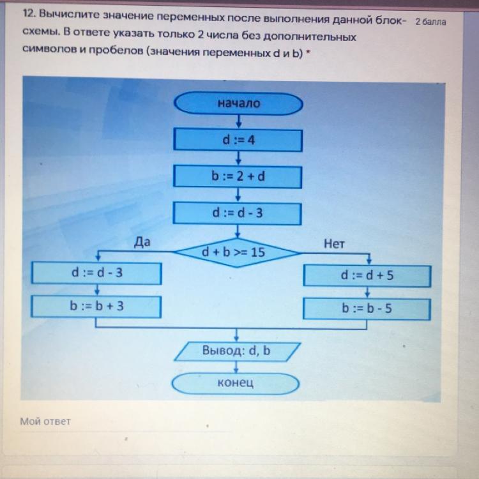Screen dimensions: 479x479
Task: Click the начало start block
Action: (x=238, y=103)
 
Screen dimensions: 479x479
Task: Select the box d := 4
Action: (x=238, y=141)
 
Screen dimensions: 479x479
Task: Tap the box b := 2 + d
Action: (x=238, y=176)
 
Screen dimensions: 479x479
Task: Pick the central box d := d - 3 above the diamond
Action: (x=237, y=213)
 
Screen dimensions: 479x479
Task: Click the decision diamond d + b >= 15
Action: (x=236, y=253)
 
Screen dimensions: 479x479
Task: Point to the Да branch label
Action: (x=142, y=242)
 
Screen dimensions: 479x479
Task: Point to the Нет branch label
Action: (x=334, y=244)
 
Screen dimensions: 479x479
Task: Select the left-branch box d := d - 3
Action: (x=96, y=273)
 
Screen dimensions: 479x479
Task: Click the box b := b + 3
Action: (x=96, y=307)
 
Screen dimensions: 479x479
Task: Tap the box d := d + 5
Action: (x=367, y=276)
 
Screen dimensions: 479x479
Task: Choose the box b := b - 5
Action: (x=367, y=309)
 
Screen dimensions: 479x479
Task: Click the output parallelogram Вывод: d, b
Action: (x=237, y=352)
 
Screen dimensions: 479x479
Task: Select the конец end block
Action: (x=235, y=383)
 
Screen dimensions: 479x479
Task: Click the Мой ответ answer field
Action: (x=122, y=422)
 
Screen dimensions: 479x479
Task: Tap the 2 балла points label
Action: (x=430, y=22)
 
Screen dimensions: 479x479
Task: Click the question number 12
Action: (x=29, y=13)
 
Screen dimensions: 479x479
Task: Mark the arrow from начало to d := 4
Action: (x=239, y=121)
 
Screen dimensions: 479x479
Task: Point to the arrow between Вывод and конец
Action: (x=236, y=367)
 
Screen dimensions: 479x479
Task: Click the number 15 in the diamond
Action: (x=258, y=252)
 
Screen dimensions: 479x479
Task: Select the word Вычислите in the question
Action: (x=70, y=14)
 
